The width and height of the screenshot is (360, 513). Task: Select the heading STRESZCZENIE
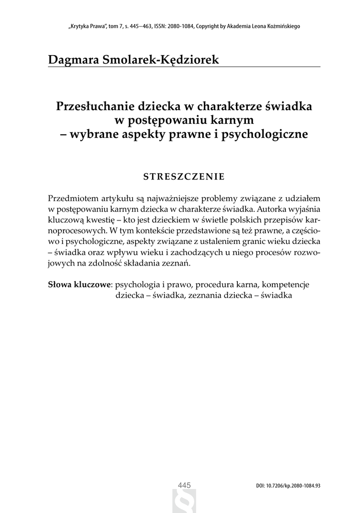[x=183, y=176]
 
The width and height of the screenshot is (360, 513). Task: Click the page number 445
[x=185, y=485]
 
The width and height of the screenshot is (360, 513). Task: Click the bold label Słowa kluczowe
[x=79, y=285]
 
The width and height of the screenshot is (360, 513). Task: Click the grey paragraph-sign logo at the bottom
[x=184, y=502]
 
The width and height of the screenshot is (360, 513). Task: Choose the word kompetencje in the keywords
[x=286, y=285]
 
